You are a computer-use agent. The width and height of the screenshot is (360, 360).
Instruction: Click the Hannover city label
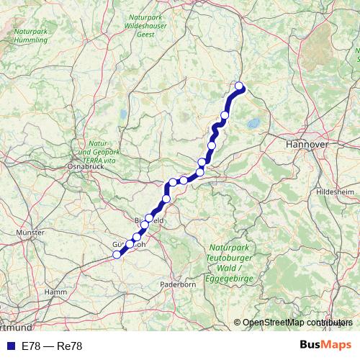307,145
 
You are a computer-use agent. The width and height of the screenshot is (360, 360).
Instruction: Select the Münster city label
30,233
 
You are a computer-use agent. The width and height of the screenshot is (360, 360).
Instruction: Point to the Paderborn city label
178,284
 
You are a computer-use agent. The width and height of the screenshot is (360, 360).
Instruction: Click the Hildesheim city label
336,192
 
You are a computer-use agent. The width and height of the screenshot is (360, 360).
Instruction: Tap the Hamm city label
55,292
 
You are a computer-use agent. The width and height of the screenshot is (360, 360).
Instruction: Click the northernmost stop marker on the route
239,87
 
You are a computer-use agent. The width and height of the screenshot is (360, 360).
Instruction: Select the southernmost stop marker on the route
117,254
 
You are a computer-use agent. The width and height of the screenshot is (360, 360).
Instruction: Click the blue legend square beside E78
9,346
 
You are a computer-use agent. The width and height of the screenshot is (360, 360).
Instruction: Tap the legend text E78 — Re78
52,346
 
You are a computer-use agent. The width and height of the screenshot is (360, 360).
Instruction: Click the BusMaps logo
325,346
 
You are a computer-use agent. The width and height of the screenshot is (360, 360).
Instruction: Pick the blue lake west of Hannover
254,125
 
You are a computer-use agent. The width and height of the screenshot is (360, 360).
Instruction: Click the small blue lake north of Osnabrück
123,114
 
